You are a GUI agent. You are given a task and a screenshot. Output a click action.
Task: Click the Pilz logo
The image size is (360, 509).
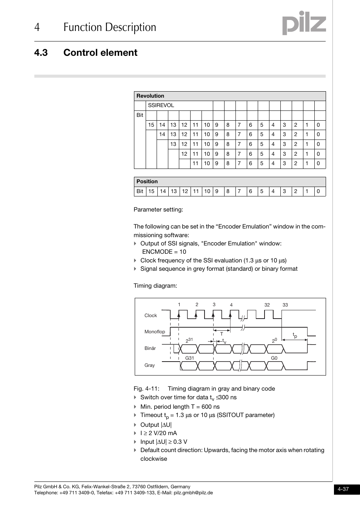[304, 23]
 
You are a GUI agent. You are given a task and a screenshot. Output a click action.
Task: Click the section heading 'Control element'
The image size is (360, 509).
[100, 53]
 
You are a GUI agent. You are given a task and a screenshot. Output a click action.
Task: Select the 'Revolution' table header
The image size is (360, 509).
[150, 96]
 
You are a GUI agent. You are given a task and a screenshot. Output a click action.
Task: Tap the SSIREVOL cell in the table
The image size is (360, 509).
[161, 106]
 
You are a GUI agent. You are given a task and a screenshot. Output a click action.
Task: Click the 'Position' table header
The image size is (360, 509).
[147, 182]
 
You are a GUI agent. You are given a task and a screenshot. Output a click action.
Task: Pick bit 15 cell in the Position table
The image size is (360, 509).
[151, 192]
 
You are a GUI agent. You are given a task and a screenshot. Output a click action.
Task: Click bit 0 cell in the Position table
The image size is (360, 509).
[318, 192]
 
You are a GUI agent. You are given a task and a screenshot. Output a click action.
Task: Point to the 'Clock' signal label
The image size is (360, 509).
[151, 316]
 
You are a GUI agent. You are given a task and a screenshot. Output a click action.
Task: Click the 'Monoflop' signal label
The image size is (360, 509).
[155, 332]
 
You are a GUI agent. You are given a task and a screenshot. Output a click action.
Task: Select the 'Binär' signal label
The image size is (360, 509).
[150, 348]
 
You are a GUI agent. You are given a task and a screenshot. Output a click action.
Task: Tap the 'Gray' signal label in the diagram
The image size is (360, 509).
[149, 365]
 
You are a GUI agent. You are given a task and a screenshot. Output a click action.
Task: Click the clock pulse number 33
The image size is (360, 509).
[285, 305]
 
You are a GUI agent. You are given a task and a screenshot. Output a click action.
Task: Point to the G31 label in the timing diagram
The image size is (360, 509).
[189, 358]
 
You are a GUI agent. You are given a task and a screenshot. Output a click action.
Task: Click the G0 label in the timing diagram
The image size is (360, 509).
[274, 358]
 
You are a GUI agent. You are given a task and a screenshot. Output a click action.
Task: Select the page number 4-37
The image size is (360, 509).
[343, 489]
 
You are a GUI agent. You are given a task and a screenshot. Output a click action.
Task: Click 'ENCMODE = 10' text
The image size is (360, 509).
[164, 252]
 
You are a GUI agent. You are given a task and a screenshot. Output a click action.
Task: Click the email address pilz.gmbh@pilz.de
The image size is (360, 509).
[193, 493]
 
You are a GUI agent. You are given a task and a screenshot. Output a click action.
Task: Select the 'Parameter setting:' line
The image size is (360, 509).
[158, 210]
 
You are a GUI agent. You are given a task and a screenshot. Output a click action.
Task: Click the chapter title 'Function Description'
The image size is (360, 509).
[110, 27]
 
